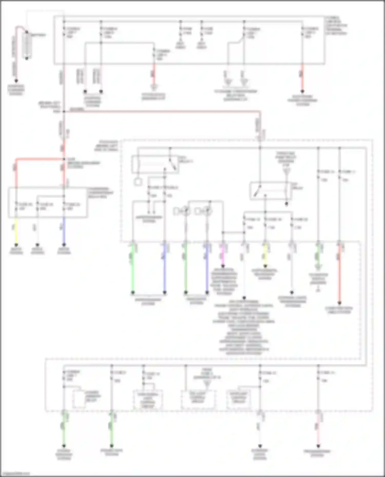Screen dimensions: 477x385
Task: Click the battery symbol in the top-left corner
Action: tap(26, 45)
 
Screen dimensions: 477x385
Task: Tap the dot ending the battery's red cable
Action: tap(16, 81)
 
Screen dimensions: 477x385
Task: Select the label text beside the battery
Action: tap(38, 35)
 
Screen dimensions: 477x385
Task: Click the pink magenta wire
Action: tap(223, 256)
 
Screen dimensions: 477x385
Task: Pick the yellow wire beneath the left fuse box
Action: tap(16, 231)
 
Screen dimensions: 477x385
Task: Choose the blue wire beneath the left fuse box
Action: tap(64, 231)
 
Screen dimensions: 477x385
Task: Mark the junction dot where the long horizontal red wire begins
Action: tap(64, 111)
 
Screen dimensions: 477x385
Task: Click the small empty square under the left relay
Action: tap(138, 182)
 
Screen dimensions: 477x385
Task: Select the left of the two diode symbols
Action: tap(182, 211)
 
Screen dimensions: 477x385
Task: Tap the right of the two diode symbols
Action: tap(203, 211)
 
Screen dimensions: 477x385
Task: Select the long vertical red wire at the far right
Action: tap(339, 274)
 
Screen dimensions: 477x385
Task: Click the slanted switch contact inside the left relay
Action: tap(173, 164)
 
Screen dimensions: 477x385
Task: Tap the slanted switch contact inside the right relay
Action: tap(257, 191)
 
